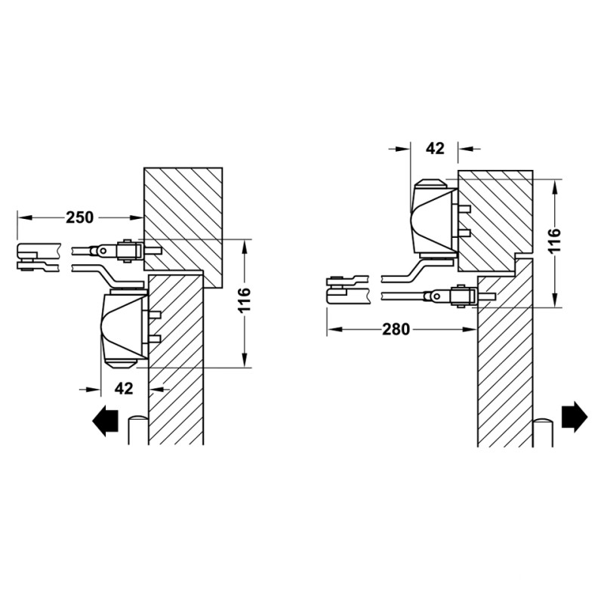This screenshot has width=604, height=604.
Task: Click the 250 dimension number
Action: (80, 217)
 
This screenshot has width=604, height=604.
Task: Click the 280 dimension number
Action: (396, 329)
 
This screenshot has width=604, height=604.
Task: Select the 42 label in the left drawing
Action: (124, 388)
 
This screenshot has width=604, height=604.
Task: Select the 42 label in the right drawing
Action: (436, 148)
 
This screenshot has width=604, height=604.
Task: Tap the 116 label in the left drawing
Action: (244, 300)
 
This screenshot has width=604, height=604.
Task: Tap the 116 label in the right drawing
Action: (554, 240)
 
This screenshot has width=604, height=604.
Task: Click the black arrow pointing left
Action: (105, 421)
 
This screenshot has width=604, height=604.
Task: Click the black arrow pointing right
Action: (575, 417)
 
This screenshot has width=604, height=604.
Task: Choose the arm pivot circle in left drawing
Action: (103, 251)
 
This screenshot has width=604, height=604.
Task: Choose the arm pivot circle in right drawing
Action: (436, 296)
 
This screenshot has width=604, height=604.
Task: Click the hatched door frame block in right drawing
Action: (496, 220)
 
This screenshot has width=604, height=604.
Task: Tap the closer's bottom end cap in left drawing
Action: (122, 364)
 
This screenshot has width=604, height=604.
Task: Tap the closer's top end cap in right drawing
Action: (432, 183)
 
